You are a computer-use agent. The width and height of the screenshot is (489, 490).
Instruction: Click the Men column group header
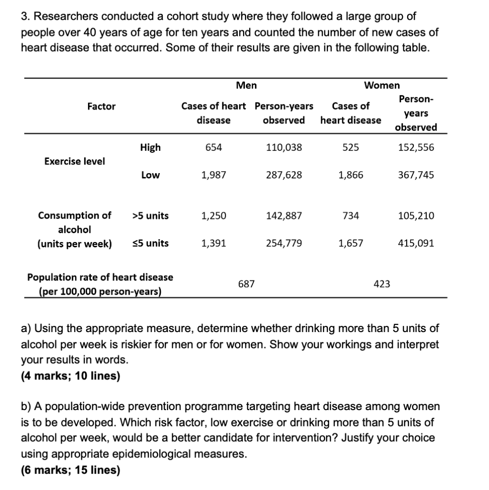point(246,86)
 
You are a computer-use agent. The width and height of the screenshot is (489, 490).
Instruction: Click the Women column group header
point(382,86)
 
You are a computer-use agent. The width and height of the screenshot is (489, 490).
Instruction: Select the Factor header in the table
point(101,107)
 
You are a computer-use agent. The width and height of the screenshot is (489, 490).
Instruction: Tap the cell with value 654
point(213,148)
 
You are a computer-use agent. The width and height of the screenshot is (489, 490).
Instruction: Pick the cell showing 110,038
point(284,148)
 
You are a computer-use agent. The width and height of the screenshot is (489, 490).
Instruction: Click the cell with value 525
point(351,148)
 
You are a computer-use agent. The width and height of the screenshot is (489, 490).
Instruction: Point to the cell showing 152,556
point(416,148)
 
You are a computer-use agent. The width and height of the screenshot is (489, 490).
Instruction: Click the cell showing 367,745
point(416,175)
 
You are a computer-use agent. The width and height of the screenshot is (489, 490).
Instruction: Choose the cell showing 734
point(351,216)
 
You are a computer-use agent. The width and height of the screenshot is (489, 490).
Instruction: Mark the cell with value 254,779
point(284,244)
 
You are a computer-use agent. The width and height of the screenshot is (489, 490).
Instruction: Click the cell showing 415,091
point(416,244)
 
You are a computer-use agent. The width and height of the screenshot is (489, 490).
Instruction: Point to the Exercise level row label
point(75,161)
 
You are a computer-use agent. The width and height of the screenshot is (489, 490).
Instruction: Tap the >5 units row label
point(150,216)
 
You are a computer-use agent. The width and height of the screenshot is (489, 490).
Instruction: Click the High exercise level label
point(150,148)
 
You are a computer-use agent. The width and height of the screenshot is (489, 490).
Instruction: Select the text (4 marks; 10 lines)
point(70,376)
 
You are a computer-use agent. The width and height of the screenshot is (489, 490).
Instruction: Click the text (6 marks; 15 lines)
point(70,470)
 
